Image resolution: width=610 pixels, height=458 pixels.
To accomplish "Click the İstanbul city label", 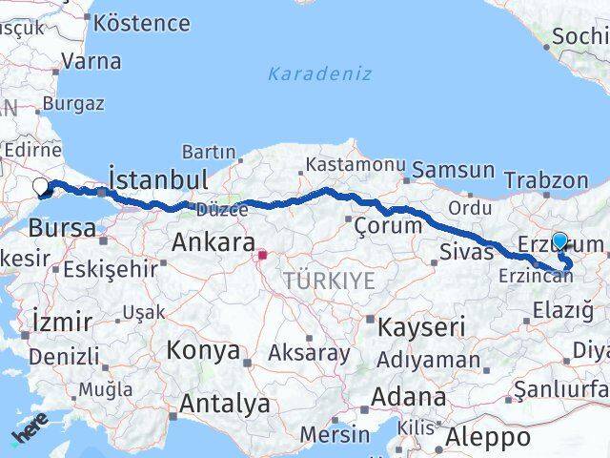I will click(x=158, y=179).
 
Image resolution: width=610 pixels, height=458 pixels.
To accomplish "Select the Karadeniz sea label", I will click(x=319, y=73).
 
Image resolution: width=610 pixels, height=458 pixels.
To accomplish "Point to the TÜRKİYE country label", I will click(x=328, y=280).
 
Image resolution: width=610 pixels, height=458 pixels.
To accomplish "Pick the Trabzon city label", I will click(x=546, y=179).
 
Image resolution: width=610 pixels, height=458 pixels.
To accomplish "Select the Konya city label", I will click(x=202, y=351).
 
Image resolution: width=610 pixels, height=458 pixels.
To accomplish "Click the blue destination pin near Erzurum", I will click(x=559, y=242).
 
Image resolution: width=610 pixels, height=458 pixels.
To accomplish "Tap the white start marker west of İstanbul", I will click(x=40, y=187).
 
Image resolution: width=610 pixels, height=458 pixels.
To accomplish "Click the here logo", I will click(x=29, y=432).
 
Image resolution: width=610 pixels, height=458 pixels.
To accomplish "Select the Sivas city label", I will click(x=467, y=253).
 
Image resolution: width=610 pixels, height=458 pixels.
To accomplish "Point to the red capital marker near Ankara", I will click(x=264, y=256).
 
